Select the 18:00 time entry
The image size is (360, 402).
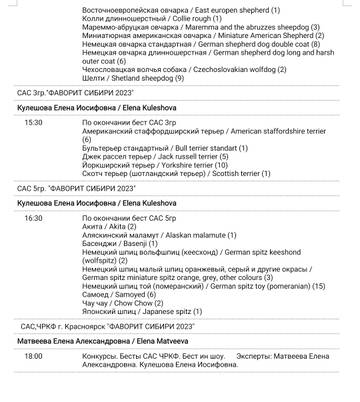point(34,356)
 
